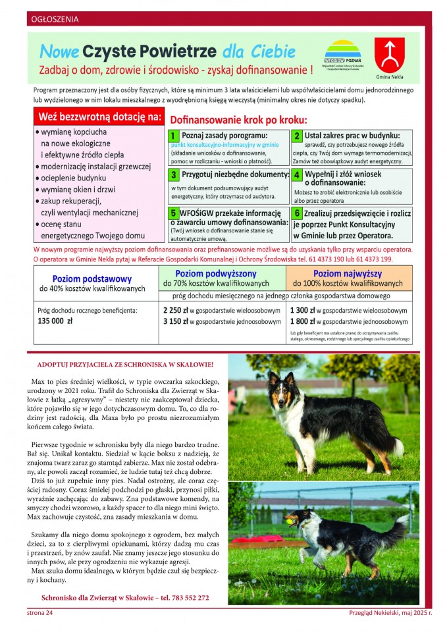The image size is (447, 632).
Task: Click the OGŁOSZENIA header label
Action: coord(55,19)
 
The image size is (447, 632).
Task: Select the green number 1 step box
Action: coord(174,136)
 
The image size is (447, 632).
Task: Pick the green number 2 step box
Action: coord(297,136)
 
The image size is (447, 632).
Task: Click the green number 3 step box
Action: coord(174,175)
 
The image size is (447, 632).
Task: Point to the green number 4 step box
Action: coord(297,175)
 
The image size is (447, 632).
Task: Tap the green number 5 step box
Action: coord(174,214)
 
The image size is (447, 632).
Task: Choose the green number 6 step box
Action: coord(297,214)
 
